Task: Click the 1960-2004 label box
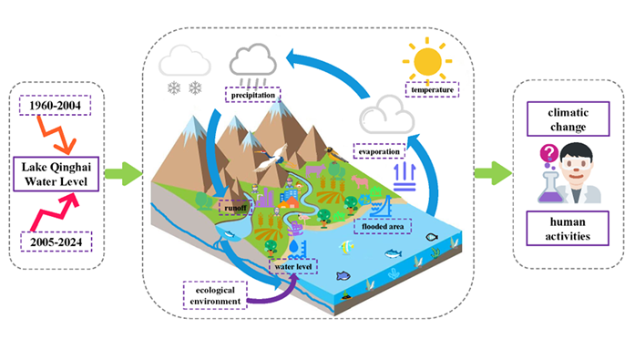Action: [55, 106]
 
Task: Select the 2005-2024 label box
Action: [56, 242]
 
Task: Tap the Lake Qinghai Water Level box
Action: [56, 174]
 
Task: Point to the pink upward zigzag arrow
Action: [53, 212]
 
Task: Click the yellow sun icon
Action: [427, 61]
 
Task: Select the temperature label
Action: [432, 89]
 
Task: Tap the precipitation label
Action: [252, 95]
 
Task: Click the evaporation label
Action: [379, 151]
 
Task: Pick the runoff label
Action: [235, 208]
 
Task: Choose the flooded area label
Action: [383, 226]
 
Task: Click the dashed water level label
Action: [293, 266]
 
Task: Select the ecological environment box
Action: [215, 295]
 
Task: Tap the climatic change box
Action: [568, 119]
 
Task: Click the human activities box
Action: [568, 229]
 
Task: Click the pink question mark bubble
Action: [549, 153]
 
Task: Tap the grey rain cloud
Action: [253, 61]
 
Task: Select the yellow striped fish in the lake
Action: [346, 247]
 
